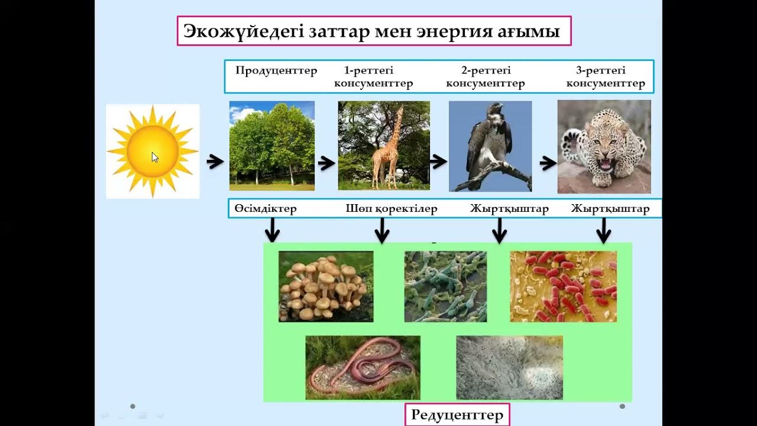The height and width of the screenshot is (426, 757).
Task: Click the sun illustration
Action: [x=153, y=151]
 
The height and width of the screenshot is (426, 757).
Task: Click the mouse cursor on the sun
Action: [x=154, y=157]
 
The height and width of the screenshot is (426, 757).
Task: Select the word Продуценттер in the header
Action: [x=276, y=71]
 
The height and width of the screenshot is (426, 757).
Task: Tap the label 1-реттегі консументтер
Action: [x=373, y=77]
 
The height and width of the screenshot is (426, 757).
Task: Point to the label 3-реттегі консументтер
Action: [x=605, y=77]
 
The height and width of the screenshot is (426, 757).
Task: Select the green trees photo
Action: [x=272, y=146]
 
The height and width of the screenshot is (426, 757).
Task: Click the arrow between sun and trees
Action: [x=215, y=162]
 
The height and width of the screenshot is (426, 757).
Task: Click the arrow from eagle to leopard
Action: [x=548, y=163]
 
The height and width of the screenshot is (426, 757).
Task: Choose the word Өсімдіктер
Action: [x=266, y=209]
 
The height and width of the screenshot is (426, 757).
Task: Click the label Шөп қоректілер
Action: [x=391, y=209]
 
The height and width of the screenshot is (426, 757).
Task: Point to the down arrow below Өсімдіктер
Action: [x=272, y=230]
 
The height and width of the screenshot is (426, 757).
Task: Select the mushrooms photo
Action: [x=326, y=286]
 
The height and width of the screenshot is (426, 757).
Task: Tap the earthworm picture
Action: [x=363, y=367]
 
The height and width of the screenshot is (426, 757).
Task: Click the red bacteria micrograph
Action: [x=563, y=286]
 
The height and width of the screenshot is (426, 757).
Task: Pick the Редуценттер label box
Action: [x=457, y=415]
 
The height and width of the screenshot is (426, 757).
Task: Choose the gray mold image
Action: [x=509, y=367]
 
